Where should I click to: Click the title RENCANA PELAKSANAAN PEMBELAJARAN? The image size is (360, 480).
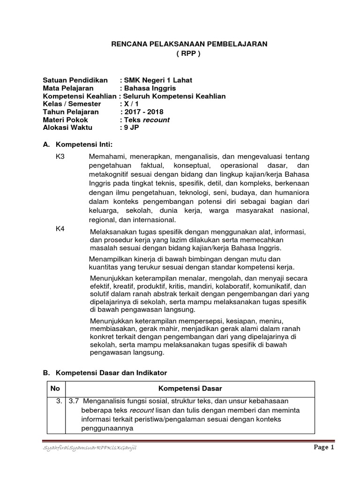coord(188,44)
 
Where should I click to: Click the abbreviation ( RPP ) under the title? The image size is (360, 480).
coord(188,53)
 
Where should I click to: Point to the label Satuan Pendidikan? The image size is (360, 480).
coord(75,80)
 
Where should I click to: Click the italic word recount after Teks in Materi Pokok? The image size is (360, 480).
coord(156,120)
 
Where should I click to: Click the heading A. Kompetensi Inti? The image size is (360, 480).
coord(85,143)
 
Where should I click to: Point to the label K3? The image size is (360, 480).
coord(60,156)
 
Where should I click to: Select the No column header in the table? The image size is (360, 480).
coord(55,389)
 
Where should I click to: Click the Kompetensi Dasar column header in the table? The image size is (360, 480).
coord(190,389)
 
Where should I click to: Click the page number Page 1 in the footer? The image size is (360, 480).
coord(323,448)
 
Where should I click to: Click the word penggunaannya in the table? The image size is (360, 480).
coord(107,428)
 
